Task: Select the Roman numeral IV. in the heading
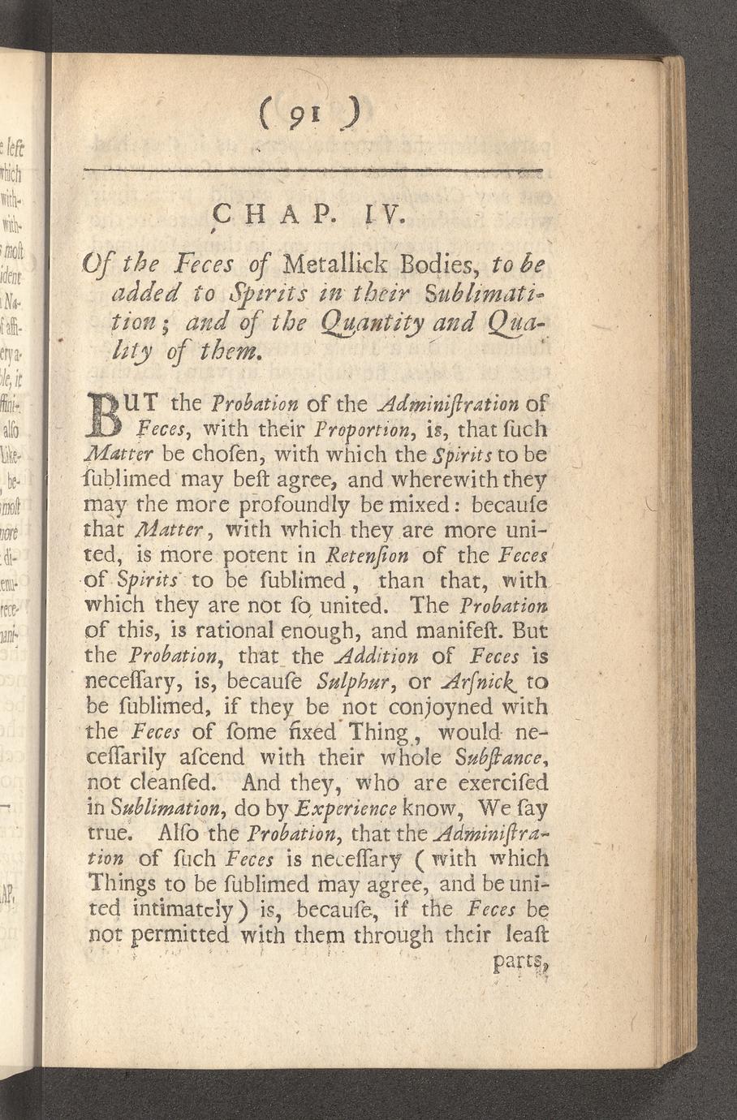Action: point(379,218)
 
